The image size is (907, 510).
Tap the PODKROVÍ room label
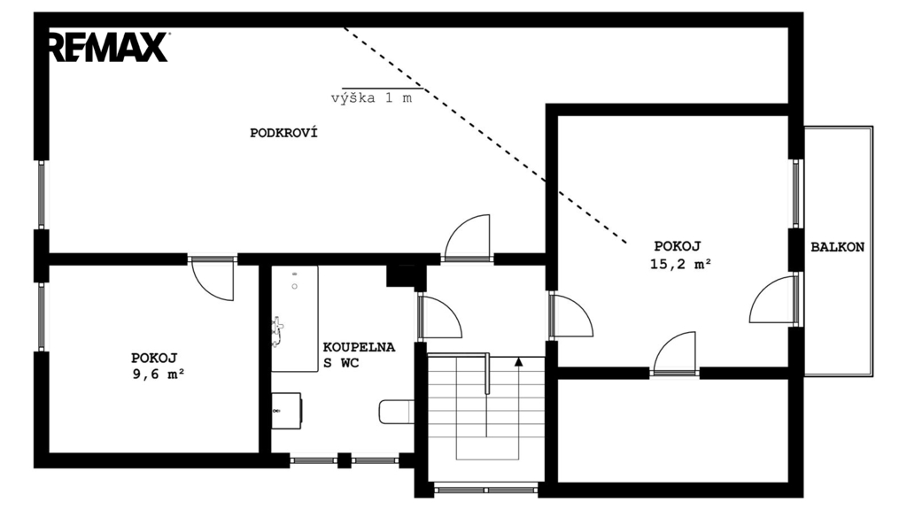tap(283, 133)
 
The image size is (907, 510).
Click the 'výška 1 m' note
tap(371, 97)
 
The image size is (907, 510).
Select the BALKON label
tap(837, 247)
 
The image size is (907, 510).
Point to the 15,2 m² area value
tap(680, 264)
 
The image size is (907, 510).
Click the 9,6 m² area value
tap(158, 375)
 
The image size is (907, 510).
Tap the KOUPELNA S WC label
tap(359, 355)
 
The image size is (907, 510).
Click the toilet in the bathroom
tap(396, 412)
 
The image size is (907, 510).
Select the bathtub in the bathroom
tap(295, 319)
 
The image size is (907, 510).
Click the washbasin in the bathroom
tap(286, 411)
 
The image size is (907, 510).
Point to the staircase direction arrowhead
tap(519, 362)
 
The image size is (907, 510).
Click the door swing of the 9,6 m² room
tap(213, 280)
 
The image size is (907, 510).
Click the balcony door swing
tap(772, 299)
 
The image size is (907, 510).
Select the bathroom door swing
tap(440, 316)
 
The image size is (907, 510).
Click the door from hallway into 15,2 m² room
tap(571, 316)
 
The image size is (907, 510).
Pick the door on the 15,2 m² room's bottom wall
tap(674, 352)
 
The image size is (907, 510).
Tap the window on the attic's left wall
tap(42, 194)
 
